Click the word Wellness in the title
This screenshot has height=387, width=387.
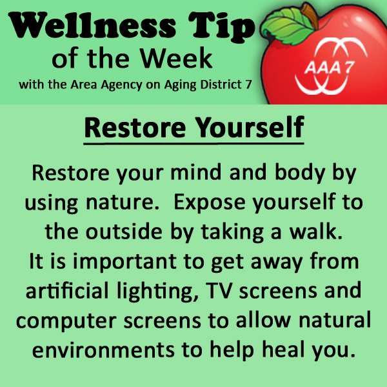[92, 26]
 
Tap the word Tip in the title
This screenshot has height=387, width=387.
[221, 28]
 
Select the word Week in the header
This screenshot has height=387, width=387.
[176, 58]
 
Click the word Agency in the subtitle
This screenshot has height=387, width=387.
[121, 85]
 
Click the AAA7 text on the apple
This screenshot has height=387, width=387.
[329, 67]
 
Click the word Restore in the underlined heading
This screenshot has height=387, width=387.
[135, 128]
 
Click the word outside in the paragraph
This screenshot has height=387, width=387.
[124, 232]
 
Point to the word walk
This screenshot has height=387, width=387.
[316, 232]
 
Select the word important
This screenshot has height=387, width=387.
[124, 263]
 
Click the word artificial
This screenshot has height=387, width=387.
[67, 290]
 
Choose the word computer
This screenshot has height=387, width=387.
[66, 321]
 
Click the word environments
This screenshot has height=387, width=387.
[103, 350]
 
